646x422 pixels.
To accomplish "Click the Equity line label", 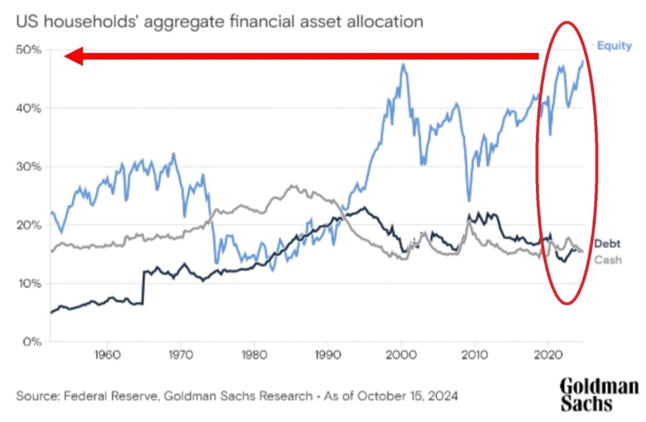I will coord(614,46).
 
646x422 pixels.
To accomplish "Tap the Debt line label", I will coord(607,244).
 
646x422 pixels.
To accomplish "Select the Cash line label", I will coord(608,260).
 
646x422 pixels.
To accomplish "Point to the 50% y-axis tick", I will coord(29,50).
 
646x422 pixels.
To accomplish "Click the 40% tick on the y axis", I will coord(29,108).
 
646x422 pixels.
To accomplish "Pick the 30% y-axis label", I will coord(29,167).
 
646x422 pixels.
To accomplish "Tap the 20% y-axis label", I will coord(29,225).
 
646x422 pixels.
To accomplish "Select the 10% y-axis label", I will coord(29,283).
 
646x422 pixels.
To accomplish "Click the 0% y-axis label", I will coord(31,342).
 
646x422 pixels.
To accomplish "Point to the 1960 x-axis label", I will coord(108,364).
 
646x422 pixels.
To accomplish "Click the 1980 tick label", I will coord(255,364).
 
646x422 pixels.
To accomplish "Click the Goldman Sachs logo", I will coord(599,395).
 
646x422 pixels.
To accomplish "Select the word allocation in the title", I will coord(388,23).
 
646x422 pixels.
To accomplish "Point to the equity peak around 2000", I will coord(404,65).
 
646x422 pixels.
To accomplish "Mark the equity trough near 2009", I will coord(469,200).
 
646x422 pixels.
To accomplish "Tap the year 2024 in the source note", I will coord(445,396).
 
